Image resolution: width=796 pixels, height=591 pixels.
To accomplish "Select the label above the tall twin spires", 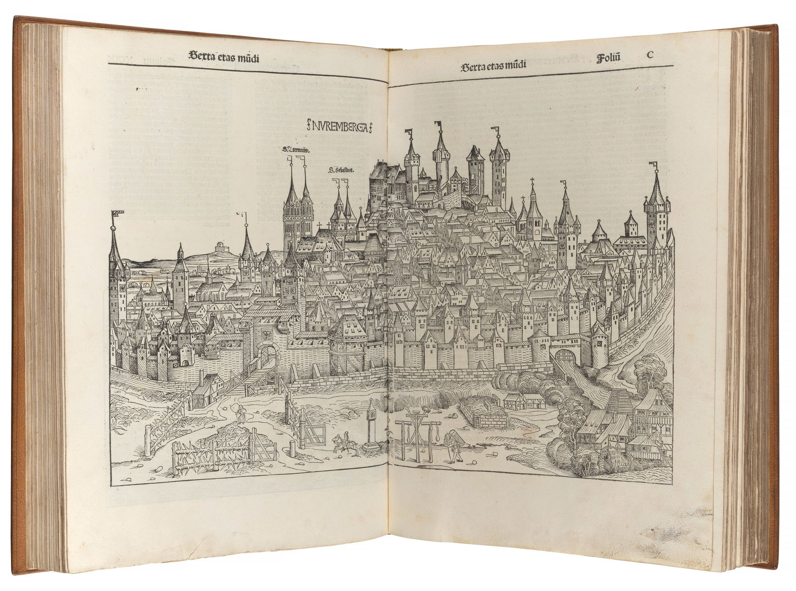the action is click(296, 148).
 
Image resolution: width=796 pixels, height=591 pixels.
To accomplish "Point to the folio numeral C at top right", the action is click(649, 55).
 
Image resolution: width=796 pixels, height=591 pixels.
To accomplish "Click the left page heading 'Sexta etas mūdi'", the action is click(225, 56).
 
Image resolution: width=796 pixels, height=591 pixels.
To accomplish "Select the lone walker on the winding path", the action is click(241, 413).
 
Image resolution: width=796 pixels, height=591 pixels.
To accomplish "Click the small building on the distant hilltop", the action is click(218, 247).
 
